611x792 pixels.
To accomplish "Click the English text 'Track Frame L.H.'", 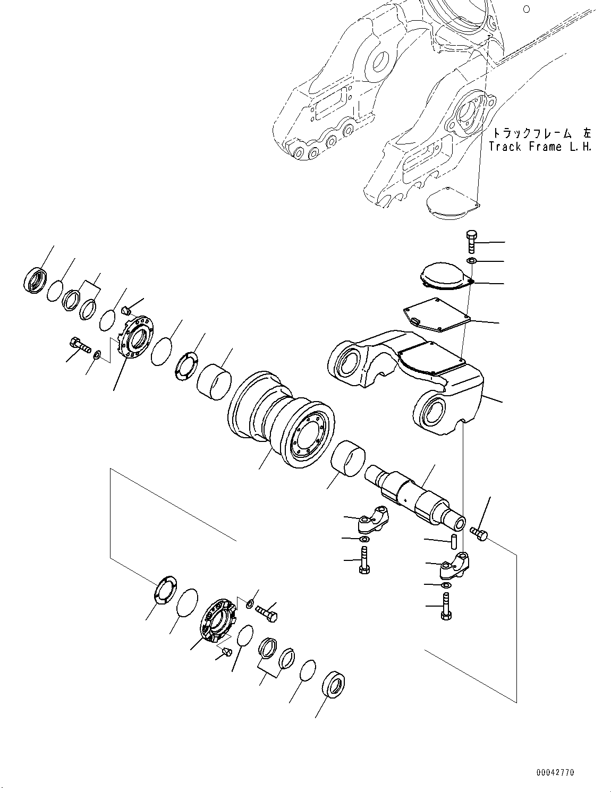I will click(x=540, y=147).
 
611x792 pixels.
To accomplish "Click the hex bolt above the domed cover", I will click(x=471, y=242).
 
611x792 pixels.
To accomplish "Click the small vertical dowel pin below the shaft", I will click(x=454, y=542).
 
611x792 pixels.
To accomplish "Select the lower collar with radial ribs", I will click(x=217, y=622).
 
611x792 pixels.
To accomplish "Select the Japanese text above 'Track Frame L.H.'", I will click(x=541, y=133).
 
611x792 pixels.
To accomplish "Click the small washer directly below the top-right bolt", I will click(x=471, y=261).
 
